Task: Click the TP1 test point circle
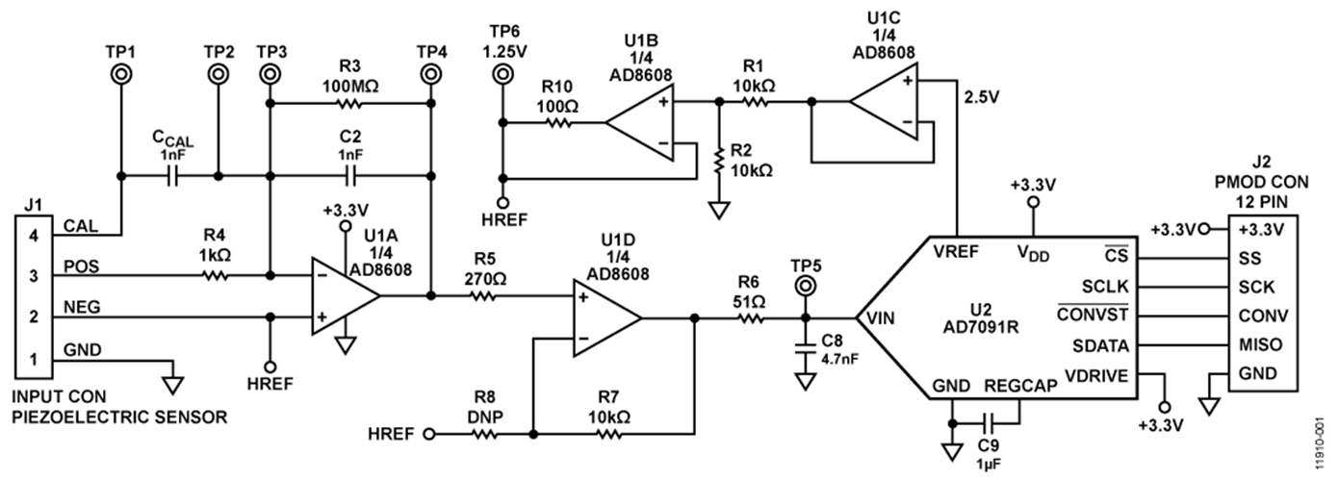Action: (x=121, y=73)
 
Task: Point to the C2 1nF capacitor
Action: (x=349, y=176)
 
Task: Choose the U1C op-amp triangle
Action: (x=883, y=100)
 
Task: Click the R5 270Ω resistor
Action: (x=483, y=296)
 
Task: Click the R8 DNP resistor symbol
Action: (x=484, y=434)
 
